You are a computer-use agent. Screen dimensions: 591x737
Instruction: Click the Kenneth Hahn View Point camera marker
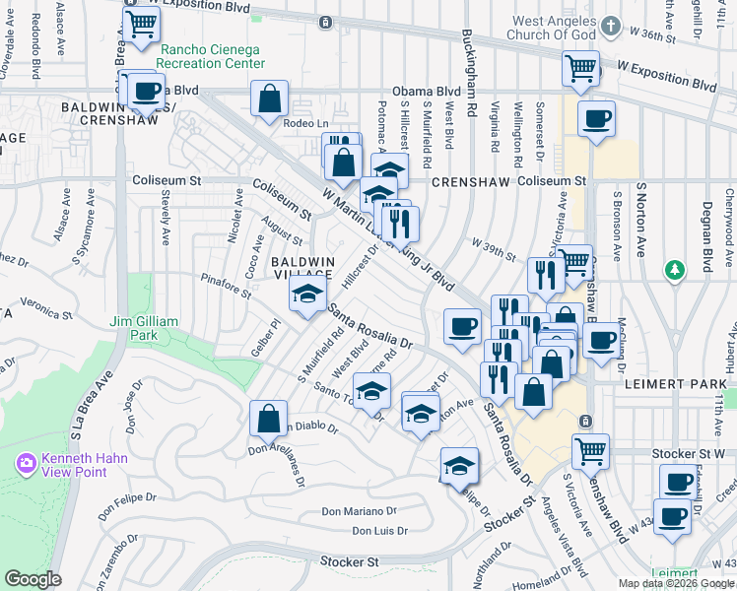27,463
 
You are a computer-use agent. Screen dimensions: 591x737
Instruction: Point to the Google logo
33,579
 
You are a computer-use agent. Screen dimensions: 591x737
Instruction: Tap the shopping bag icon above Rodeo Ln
269,98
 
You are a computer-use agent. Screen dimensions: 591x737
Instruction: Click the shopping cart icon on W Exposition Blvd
581,68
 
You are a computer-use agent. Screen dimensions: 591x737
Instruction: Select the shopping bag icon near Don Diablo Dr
269,418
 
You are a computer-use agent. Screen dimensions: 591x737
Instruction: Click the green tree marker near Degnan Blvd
674,269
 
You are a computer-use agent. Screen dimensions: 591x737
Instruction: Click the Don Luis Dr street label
379,532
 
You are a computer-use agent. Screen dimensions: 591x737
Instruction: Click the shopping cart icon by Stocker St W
590,450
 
